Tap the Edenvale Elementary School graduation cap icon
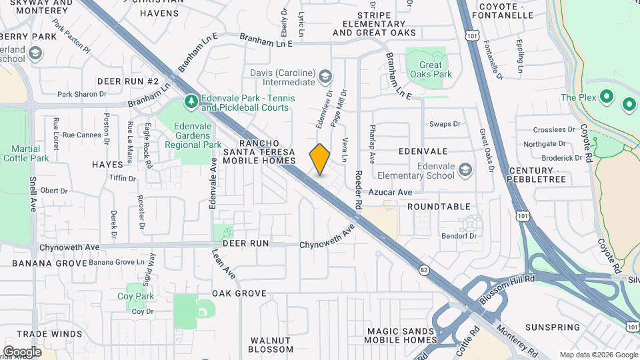pos(465,171)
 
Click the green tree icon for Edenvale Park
pos(191,102)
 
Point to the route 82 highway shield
pos(424,269)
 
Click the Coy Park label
pos(135,296)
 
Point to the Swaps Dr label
pos(445,124)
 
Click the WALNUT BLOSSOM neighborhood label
pos(271,345)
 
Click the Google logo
pos(22,351)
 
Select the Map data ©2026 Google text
pos(597,355)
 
